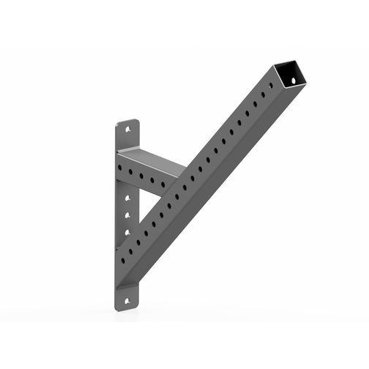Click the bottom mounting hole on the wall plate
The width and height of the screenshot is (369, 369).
click(x=130, y=299)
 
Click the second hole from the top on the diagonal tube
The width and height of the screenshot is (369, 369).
click(x=264, y=96)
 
